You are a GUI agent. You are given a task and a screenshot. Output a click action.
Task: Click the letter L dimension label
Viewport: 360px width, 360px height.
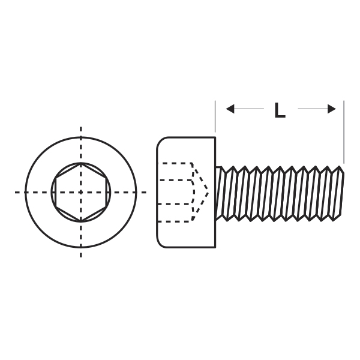[x=280, y=110]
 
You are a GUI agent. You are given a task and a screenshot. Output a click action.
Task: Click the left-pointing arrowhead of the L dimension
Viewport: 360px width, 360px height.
[x=230, y=109]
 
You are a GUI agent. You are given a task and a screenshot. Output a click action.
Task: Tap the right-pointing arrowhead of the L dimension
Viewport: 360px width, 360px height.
[x=332, y=109]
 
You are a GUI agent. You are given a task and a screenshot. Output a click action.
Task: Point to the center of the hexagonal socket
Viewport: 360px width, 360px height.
[x=81, y=193]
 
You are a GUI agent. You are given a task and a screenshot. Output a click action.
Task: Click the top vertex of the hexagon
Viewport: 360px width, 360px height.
[x=81, y=163]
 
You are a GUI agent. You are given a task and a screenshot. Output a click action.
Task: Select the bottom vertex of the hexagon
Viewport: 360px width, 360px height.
[x=81, y=222]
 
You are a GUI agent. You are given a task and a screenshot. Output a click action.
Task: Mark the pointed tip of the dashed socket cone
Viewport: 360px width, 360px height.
[x=208, y=193]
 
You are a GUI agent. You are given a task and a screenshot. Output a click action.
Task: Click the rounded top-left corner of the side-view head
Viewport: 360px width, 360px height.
[x=161, y=141]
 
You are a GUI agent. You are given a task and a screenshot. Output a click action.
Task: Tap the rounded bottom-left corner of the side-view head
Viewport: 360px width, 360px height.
[x=161, y=244]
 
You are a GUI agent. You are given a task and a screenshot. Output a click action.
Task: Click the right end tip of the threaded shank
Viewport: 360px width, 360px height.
[x=343, y=173]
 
